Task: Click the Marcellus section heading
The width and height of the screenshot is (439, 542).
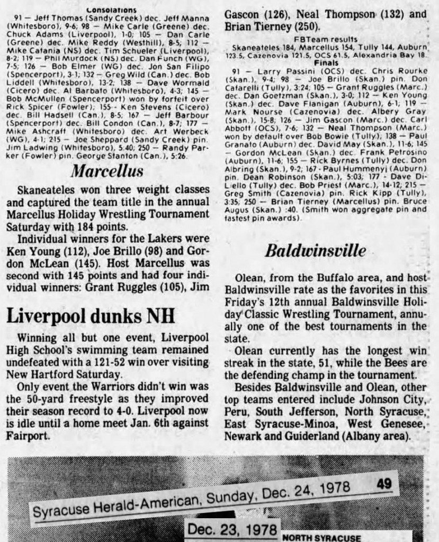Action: [107, 171]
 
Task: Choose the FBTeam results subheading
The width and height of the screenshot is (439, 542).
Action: [326, 39]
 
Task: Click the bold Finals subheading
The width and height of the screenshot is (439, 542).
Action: [326, 62]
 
